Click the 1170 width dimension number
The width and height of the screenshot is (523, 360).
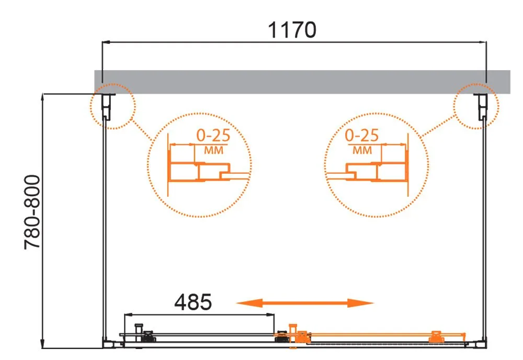pyautogui.click(x=292, y=30)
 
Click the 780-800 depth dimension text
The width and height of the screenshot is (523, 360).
pyautogui.click(x=32, y=212)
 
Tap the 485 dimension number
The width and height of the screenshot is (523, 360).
pyautogui.click(x=193, y=302)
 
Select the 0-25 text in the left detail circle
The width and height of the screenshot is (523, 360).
pyautogui.click(x=213, y=135)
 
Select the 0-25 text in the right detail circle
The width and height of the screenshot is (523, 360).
pyautogui.click(x=361, y=136)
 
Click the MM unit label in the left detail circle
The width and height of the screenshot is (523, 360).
pyautogui.click(x=213, y=151)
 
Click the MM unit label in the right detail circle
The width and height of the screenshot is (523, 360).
pyautogui.click(x=362, y=151)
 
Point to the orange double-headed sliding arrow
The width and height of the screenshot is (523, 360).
pyautogui.click(x=305, y=303)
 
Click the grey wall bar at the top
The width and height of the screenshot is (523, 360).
pyautogui.click(x=302, y=82)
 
